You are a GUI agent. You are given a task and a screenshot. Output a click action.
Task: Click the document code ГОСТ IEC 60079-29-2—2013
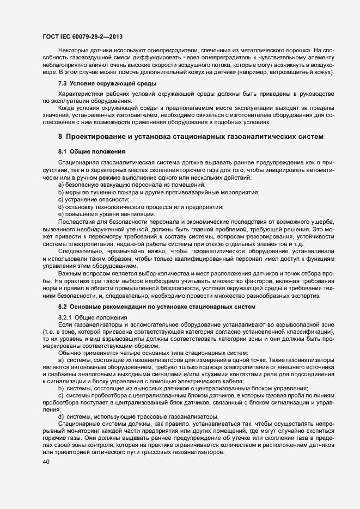82,36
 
